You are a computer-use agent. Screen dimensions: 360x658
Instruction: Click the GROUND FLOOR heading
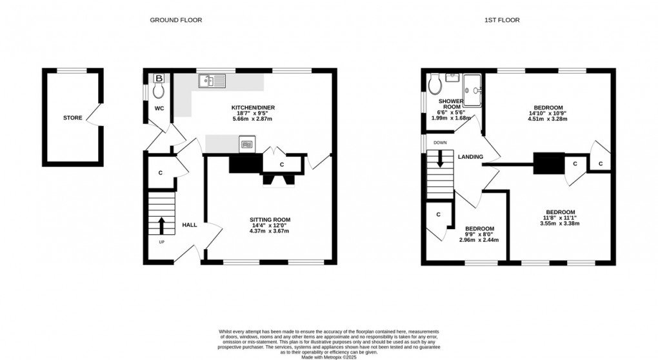pyautogui.click(x=175, y=20)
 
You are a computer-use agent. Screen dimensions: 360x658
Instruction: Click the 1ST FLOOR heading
pyautogui.click(x=502, y=20)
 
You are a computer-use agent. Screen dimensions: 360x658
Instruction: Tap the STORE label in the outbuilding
pyautogui.click(x=72, y=118)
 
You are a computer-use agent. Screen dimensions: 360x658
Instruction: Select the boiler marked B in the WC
pyautogui.click(x=159, y=79)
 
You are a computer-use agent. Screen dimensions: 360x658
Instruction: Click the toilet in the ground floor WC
pyautogui.click(x=159, y=92)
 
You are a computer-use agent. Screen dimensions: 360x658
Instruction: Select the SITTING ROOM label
pyautogui.click(x=268, y=219)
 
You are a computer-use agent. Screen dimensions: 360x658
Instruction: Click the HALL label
pyautogui.click(x=189, y=225)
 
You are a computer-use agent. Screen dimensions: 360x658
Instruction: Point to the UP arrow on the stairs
pyautogui.click(x=161, y=225)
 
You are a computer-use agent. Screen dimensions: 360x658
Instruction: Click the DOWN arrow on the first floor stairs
pyautogui.click(x=441, y=159)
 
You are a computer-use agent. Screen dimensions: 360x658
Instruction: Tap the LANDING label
pyautogui.click(x=471, y=157)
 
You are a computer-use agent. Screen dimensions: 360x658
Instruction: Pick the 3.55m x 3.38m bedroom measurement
pyautogui.click(x=561, y=224)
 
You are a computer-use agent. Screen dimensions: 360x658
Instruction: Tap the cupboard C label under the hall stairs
pyautogui.click(x=160, y=173)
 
